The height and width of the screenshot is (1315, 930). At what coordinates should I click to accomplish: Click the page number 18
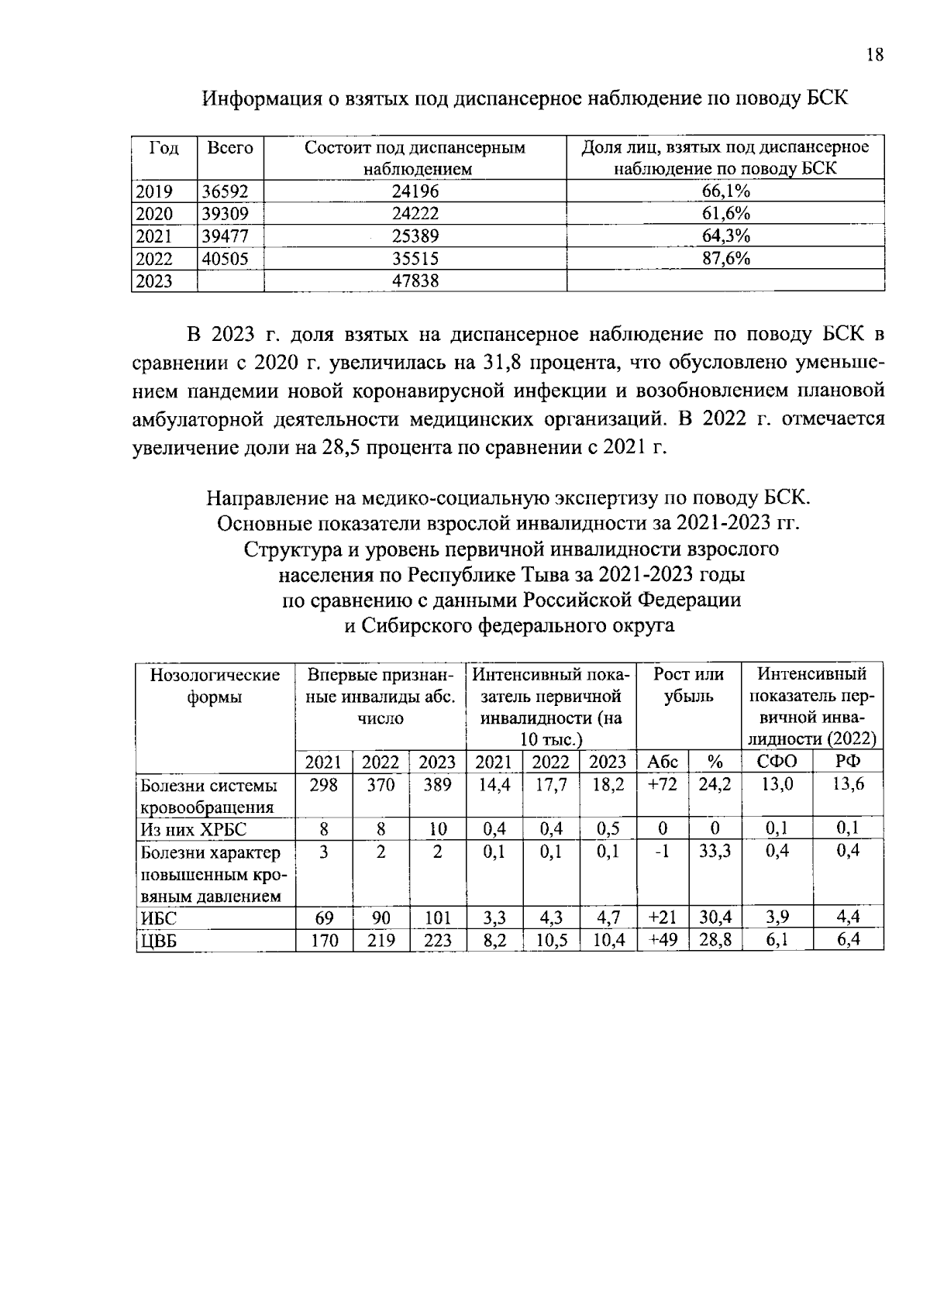tap(873, 56)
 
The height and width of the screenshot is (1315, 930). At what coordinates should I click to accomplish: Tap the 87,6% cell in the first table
tap(725, 259)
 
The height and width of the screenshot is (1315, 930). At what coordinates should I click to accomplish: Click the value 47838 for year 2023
tap(415, 281)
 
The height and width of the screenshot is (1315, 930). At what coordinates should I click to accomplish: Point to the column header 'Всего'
tap(230, 148)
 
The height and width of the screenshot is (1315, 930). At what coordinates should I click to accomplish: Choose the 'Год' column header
tap(164, 148)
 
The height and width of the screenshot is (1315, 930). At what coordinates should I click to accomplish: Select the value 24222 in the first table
tap(415, 215)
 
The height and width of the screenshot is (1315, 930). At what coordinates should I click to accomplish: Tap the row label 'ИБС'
tap(159, 919)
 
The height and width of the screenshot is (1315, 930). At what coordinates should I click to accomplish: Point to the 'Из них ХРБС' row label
tap(193, 830)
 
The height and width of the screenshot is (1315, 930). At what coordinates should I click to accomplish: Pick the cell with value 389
tap(438, 785)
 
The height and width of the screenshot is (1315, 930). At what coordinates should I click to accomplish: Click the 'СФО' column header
tap(777, 762)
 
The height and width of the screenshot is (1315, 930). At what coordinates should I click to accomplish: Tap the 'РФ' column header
tap(848, 762)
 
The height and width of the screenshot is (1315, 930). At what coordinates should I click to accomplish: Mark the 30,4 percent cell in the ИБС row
tap(715, 919)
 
